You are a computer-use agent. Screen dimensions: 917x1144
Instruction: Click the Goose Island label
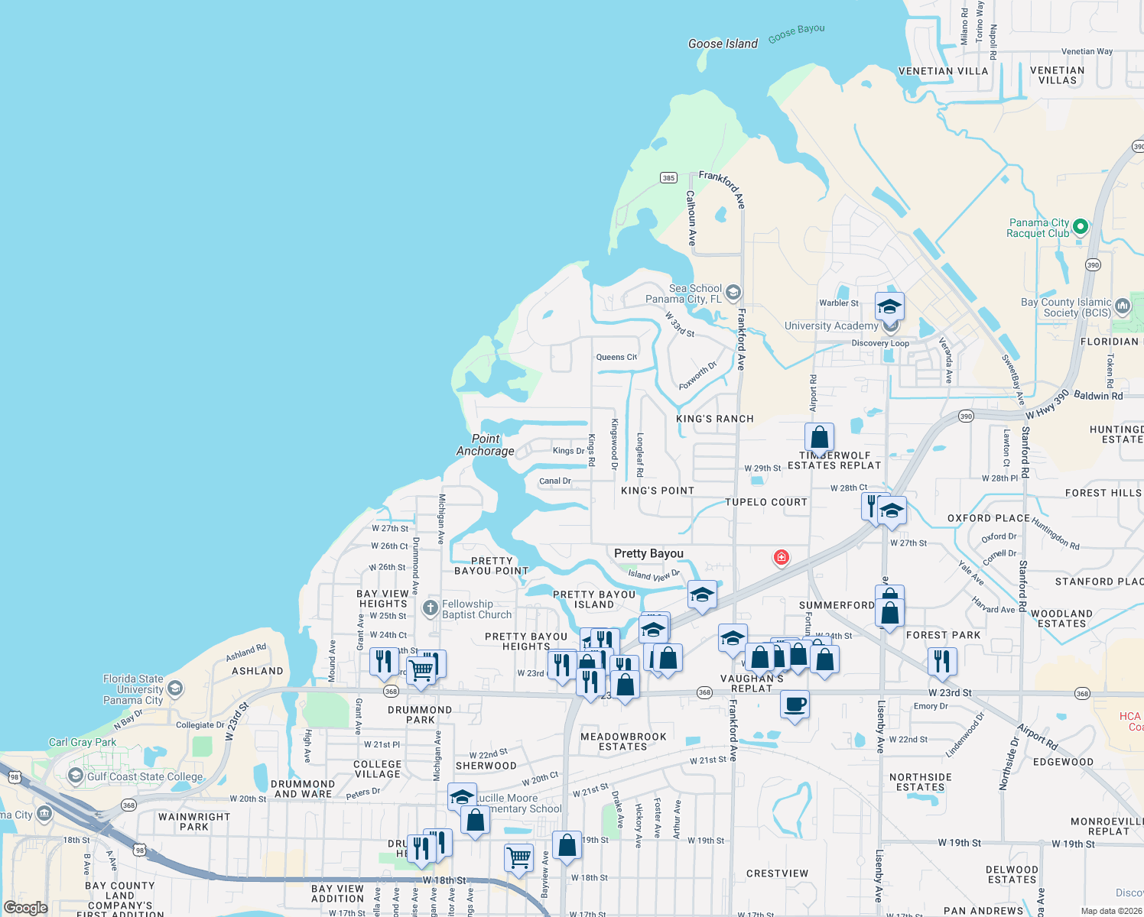pyautogui.click(x=723, y=44)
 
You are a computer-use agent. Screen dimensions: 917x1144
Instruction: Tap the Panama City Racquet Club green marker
pyautogui.click(x=1081, y=226)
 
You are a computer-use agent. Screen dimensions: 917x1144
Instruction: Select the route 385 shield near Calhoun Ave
pyautogui.click(x=668, y=178)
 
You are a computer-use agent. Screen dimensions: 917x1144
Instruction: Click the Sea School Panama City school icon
pyautogui.click(x=733, y=292)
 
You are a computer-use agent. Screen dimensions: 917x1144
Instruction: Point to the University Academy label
pyautogui.click(x=831, y=326)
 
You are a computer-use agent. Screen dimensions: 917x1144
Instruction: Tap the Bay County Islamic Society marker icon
pyautogui.click(x=1122, y=306)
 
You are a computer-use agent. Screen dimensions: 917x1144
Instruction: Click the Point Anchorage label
pyautogui.click(x=486, y=445)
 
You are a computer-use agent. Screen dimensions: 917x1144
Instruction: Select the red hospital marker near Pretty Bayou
pyautogui.click(x=781, y=557)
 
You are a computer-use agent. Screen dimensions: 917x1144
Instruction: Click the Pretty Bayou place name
pyautogui.click(x=648, y=553)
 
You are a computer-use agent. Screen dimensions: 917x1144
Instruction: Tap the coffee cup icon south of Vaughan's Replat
pyautogui.click(x=795, y=704)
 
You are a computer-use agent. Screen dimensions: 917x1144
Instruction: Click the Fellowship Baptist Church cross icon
pyautogui.click(x=431, y=608)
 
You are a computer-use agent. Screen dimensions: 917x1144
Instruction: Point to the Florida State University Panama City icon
pyautogui.click(x=174, y=689)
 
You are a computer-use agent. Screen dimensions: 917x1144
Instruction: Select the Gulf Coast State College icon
pyautogui.click(x=75, y=776)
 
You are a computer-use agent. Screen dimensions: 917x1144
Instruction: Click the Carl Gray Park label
pyautogui.click(x=83, y=742)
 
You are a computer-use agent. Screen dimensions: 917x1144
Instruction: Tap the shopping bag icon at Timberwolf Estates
pyautogui.click(x=819, y=438)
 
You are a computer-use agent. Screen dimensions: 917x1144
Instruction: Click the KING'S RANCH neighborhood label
pyautogui.click(x=715, y=419)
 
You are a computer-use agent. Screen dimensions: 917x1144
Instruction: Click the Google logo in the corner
pyautogui.click(x=25, y=908)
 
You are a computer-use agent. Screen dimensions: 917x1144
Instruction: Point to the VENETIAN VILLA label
pyautogui.click(x=943, y=71)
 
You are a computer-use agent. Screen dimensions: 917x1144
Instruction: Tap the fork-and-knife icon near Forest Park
pyautogui.click(x=942, y=660)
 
